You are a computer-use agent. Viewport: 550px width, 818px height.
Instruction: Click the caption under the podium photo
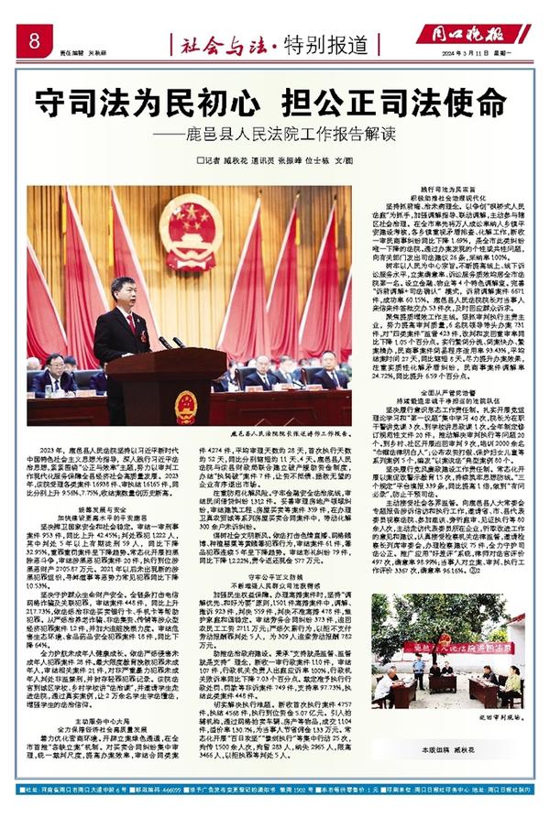pyautogui.click(x=293, y=430)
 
